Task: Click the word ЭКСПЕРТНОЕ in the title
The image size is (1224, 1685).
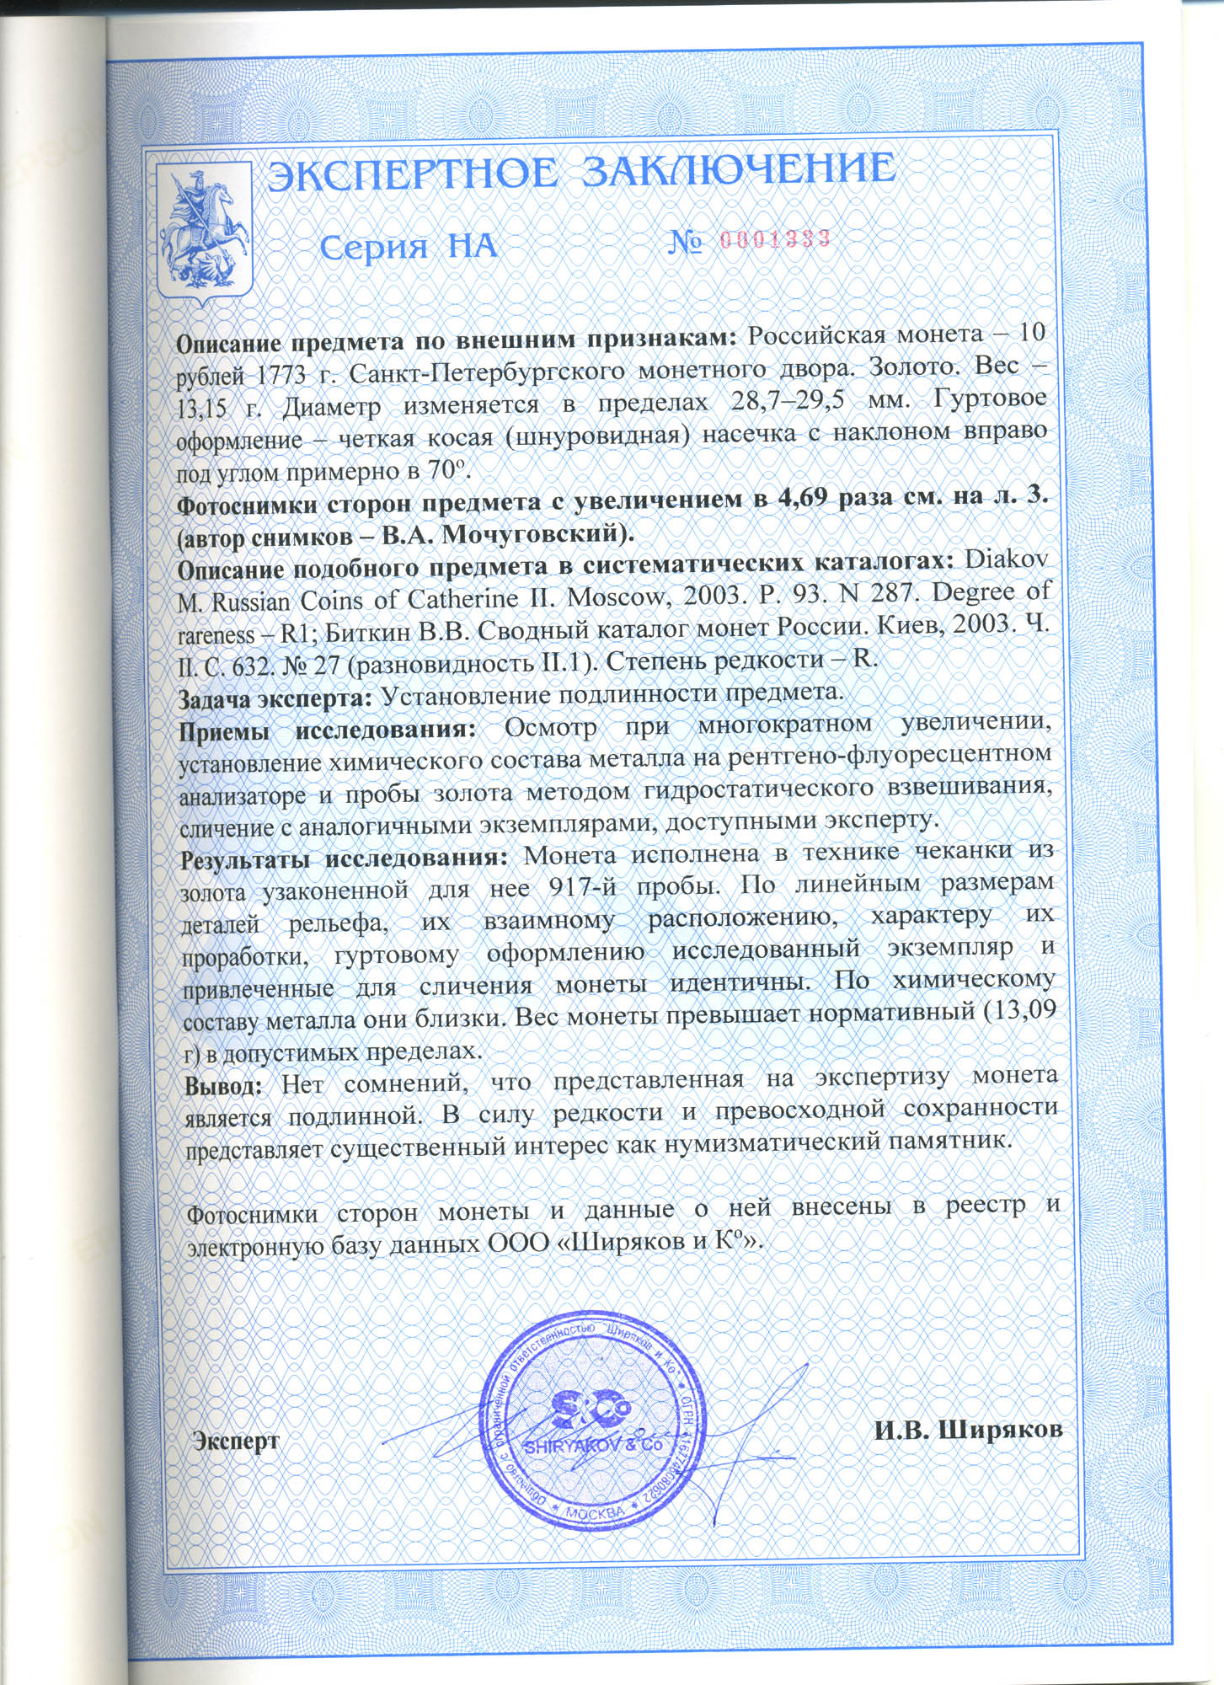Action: click(411, 172)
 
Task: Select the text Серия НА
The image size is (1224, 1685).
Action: click(409, 247)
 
